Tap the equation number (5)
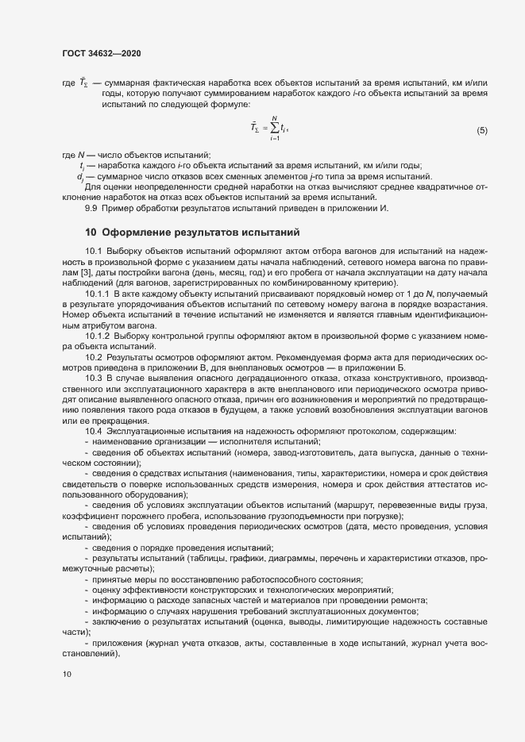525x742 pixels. (x=481, y=129)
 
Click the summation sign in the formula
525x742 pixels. (x=275, y=128)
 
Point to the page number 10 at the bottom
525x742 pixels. (x=67, y=675)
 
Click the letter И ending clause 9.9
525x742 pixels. (x=384, y=208)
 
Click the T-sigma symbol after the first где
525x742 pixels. (x=82, y=83)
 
